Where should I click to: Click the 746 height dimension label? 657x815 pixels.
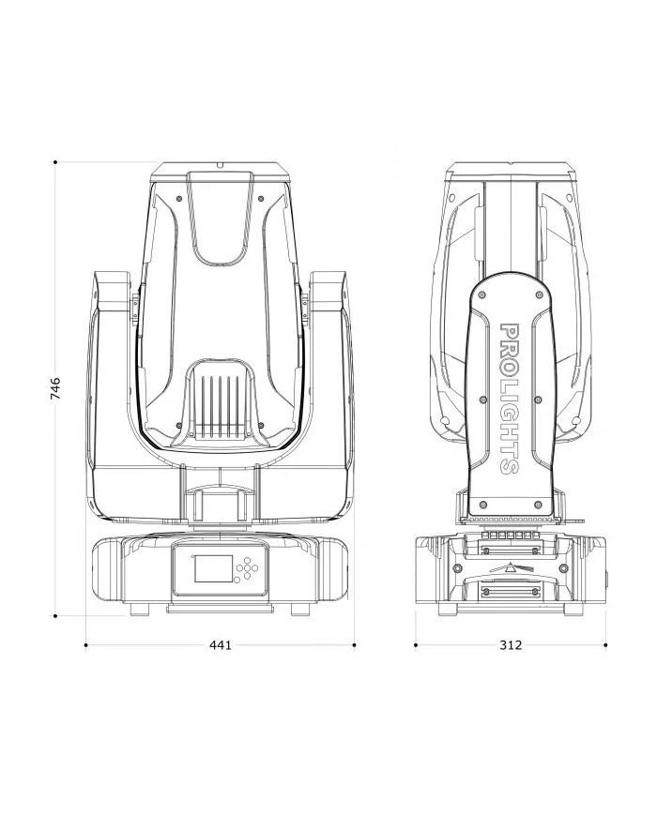coord(55,388)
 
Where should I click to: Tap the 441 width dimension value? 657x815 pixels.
coord(220,644)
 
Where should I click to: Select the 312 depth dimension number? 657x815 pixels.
coord(511,644)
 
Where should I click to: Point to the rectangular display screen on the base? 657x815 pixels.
coord(213,568)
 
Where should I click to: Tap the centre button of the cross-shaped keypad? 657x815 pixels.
coord(247,568)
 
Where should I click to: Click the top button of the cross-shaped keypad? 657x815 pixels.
coord(247,560)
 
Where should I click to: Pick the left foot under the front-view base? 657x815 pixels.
coord(140,610)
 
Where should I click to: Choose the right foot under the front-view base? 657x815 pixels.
coord(300,610)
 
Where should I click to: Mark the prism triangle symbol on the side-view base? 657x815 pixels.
coord(511,567)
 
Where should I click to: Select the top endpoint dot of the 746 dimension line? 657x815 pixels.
coord(55,162)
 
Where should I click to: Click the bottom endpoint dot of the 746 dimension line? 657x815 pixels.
coord(55,616)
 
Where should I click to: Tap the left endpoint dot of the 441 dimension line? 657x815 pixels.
coord(85,645)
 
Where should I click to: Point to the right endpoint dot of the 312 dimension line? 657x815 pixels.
coord(605,645)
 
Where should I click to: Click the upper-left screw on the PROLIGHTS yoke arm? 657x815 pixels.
coord(482,294)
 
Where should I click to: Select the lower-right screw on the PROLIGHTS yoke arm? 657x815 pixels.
coord(539,505)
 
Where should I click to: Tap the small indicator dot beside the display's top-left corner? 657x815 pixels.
coord(191,557)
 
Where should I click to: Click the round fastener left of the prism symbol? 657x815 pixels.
coord(458,567)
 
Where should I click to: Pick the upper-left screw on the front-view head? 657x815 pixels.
coord(179,198)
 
